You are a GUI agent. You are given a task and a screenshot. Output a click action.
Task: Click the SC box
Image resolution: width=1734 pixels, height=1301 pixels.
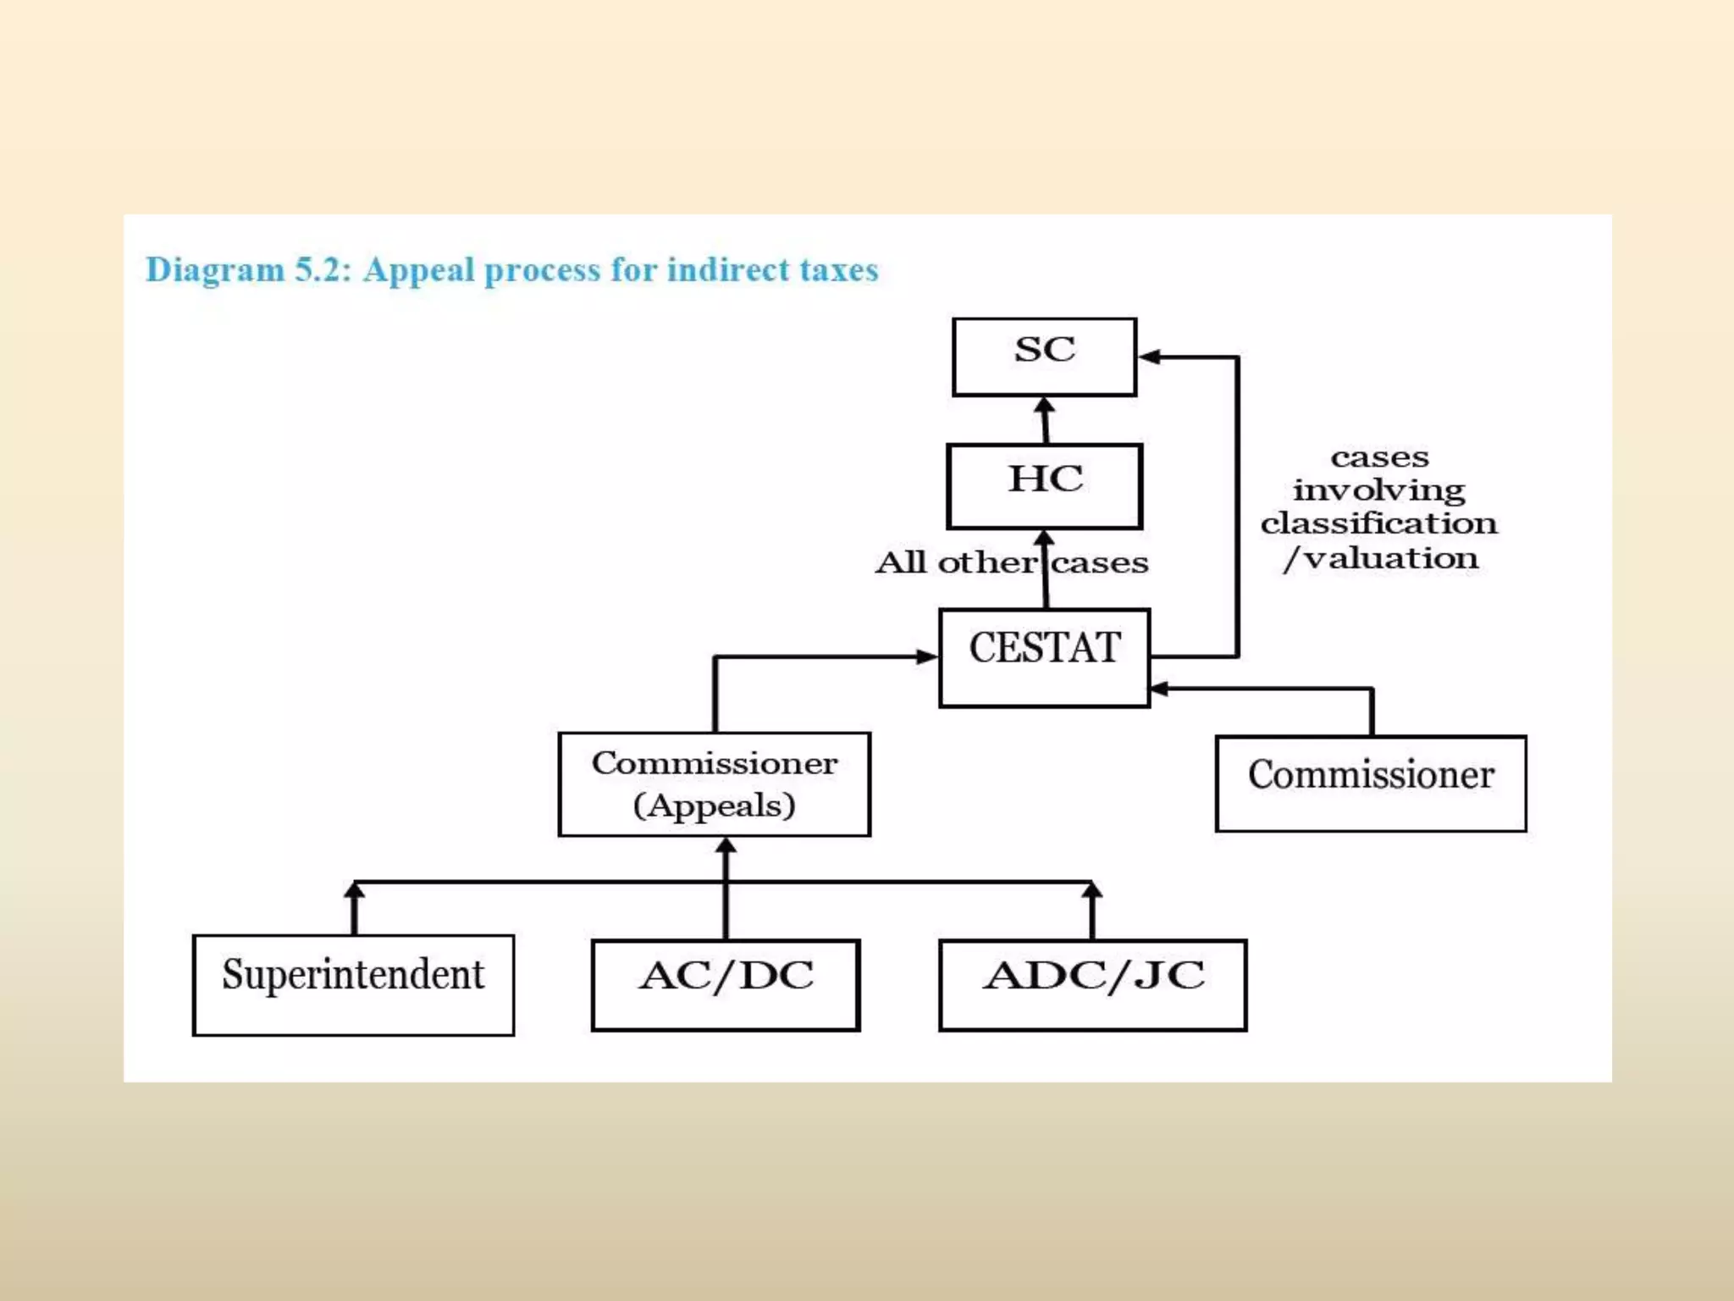[x=1044, y=356]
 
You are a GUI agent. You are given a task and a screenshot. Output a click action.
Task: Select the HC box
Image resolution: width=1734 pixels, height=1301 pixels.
[x=1044, y=485]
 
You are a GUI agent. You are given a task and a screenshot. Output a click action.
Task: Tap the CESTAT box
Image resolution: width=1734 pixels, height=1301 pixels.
[x=1044, y=656]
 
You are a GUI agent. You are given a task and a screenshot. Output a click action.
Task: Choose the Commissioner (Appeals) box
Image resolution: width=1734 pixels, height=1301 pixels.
[x=714, y=783]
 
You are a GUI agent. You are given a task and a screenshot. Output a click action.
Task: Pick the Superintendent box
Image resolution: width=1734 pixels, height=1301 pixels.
[x=353, y=984]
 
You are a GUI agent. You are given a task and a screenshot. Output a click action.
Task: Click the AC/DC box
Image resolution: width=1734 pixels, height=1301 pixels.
[x=726, y=984]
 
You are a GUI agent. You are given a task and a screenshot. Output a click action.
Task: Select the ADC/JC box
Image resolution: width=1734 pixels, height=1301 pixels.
[x=1092, y=984]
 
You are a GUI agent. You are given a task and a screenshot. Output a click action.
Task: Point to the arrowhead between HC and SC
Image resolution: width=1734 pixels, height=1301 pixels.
[x=1045, y=407]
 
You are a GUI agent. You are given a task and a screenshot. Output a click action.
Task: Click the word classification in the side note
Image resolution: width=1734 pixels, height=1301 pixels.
[x=1378, y=523]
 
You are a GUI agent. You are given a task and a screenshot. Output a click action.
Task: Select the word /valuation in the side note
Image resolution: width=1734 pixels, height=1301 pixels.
[x=1380, y=558]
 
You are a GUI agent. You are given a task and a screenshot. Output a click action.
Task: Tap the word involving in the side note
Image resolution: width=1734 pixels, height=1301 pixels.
[x=1378, y=490]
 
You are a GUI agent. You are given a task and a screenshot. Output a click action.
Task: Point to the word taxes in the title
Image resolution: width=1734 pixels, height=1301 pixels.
[x=839, y=270]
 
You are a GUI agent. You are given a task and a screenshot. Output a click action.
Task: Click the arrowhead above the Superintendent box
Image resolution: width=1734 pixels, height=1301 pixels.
[x=355, y=890]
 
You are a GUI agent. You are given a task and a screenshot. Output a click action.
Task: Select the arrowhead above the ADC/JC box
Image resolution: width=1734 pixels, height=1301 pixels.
[x=1092, y=890]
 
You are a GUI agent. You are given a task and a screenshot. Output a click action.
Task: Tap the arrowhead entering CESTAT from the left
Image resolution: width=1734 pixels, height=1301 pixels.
[x=928, y=656]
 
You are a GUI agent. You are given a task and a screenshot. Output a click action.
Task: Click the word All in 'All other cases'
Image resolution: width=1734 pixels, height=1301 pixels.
[x=900, y=562]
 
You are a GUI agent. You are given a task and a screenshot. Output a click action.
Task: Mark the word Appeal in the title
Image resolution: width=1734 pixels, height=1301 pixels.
[x=418, y=270]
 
